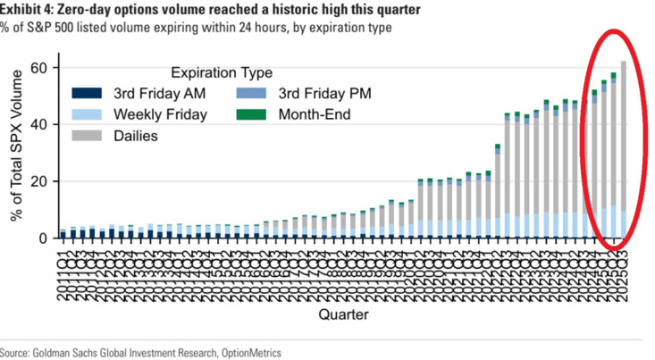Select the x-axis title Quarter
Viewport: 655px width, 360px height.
(x=343, y=314)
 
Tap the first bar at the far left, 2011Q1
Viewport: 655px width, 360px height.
(x=63, y=234)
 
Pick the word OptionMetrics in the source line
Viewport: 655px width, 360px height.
(x=249, y=354)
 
